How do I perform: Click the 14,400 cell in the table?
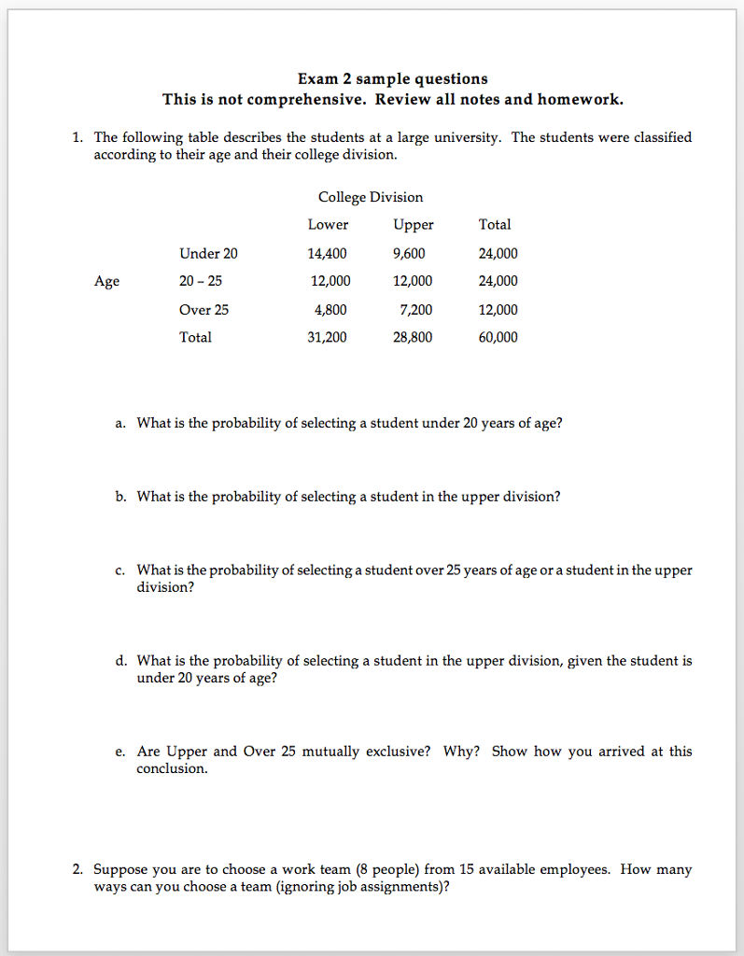pos(327,253)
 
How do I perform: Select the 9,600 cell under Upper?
pos(413,253)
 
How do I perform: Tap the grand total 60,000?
pos(498,337)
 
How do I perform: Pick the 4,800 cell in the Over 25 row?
pos(330,310)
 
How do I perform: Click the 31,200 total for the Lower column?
pos(327,337)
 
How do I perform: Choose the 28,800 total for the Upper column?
pos(413,337)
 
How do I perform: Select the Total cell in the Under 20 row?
pos(498,253)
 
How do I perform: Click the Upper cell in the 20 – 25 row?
pos(413,281)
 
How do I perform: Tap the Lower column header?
pos(328,224)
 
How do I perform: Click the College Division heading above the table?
pos(371,197)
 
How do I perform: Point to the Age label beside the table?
pos(106,281)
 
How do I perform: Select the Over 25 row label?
pos(204,310)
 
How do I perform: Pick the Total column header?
pos(495,224)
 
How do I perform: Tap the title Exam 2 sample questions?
pos(392,78)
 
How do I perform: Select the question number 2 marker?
pos(77,869)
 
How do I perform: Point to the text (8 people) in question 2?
pos(386,869)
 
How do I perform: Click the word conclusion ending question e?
pos(172,768)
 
